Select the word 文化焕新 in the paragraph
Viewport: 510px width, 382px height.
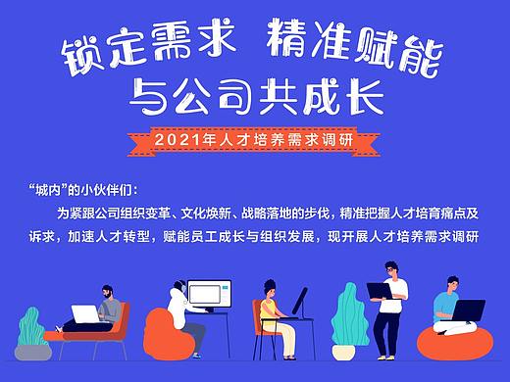pos(235,213)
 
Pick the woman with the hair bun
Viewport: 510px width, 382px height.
pos(270,313)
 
